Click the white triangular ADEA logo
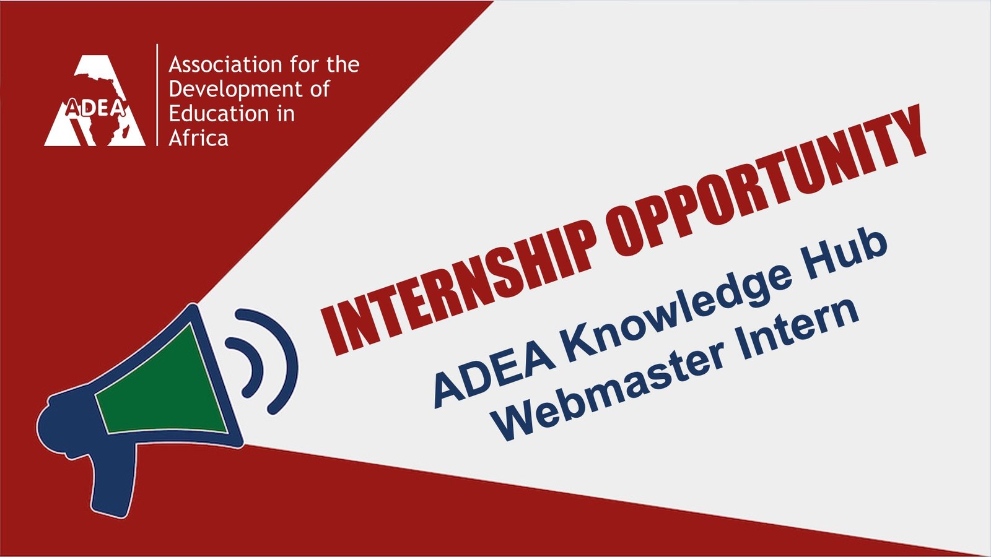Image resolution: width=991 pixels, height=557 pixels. [x=95, y=100]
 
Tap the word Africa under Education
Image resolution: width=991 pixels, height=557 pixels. [x=198, y=139]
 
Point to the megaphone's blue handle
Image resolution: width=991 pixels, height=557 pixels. [x=113, y=480]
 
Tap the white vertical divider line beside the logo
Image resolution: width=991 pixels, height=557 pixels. [x=157, y=95]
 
